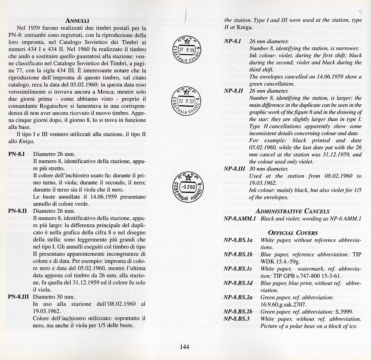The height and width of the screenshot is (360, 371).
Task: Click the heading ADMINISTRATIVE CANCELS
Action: pos(292,211)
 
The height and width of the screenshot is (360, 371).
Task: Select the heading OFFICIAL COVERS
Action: pos(293,232)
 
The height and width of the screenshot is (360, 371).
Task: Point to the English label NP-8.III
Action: pos(234,168)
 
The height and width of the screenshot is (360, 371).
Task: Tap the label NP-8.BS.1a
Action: pos(238,240)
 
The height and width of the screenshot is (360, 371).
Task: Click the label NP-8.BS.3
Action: pos(236,318)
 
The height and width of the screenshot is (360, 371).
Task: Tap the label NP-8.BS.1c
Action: pos(238,269)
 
